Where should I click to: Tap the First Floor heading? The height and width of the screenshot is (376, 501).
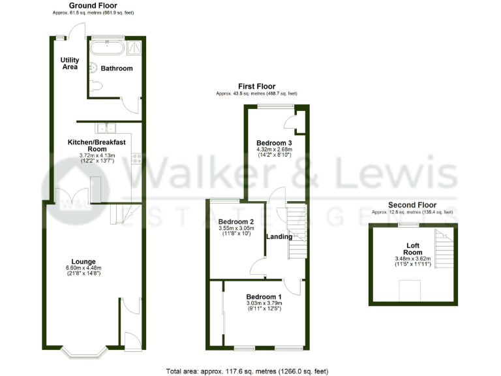(257, 86)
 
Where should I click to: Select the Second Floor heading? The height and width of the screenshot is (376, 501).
(412, 204)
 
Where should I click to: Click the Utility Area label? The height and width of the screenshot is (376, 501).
(70, 63)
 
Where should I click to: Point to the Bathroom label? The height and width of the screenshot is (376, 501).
(117, 69)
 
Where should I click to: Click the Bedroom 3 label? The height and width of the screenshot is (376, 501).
(273, 143)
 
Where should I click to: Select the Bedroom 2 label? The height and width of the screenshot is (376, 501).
(235, 221)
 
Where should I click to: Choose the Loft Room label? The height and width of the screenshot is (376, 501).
(412, 249)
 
